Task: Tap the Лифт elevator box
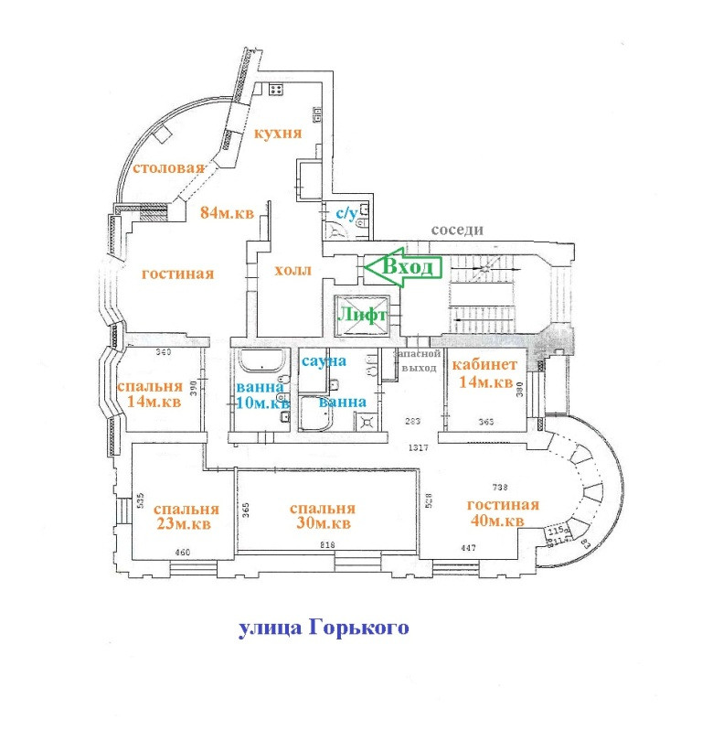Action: click(364, 315)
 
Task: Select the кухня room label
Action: click(278, 133)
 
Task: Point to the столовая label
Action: click(167, 169)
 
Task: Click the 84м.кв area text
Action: click(228, 213)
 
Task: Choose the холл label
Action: click(292, 271)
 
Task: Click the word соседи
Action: click(458, 231)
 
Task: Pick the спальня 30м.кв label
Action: click(321, 516)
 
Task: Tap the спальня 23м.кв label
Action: click(186, 517)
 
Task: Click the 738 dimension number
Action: click(499, 488)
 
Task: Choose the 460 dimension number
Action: click(182, 552)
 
